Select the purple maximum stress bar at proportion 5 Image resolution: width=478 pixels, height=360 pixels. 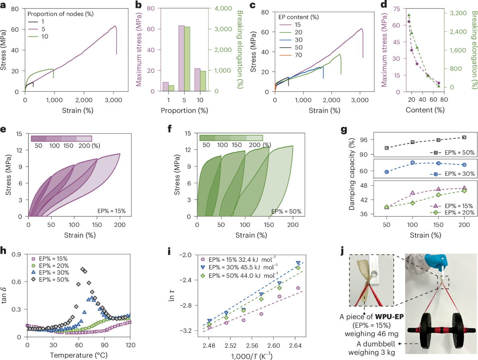click(181, 58)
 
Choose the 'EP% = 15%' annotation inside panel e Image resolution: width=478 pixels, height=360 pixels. click(112, 210)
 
